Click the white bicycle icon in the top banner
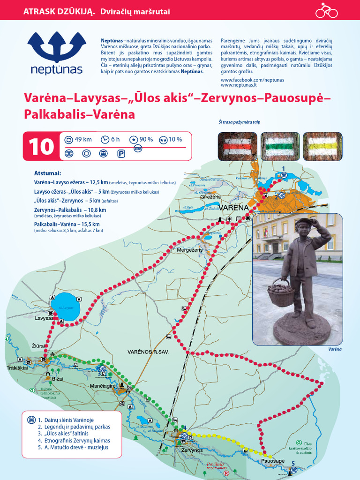pyautogui.click(x=326, y=10)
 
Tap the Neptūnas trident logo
pyautogui.click(x=56, y=46)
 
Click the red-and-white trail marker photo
pyautogui.click(x=237, y=146)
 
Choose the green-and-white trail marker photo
pyautogui.click(x=280, y=146)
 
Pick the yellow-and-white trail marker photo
pyautogui.click(x=322, y=146)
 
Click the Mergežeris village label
pyautogui.click(x=189, y=250)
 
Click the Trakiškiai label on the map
pyautogui.click(x=17, y=367)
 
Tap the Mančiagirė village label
pyautogui.click(x=102, y=386)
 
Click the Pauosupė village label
pyautogui.click(x=273, y=461)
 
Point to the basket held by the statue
pyautogui.click(x=281, y=293)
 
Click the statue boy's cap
pyautogui.click(x=304, y=221)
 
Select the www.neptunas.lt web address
pyautogui.click(x=239, y=85)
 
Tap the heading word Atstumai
pyautogui.click(x=48, y=173)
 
